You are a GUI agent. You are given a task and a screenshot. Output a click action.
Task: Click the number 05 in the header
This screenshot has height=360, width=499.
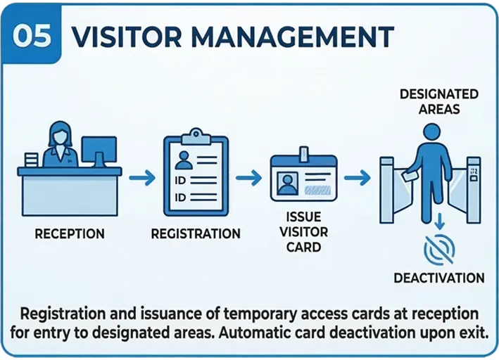[x=32, y=34]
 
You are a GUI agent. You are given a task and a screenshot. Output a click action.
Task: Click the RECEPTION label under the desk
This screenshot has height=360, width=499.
[x=70, y=234]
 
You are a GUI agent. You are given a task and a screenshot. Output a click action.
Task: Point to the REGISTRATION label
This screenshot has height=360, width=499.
[x=196, y=234]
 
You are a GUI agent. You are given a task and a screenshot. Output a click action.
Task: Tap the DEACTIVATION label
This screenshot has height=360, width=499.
[x=439, y=278]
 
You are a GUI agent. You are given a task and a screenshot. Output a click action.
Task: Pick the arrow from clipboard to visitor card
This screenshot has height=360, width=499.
[x=246, y=179]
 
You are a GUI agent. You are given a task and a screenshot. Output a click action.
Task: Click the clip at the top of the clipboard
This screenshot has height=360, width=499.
[x=196, y=134]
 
